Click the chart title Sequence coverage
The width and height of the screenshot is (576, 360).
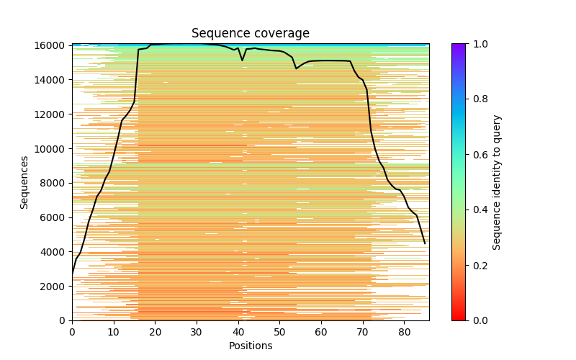tap(250, 34)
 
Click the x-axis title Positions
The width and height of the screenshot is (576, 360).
tap(250, 346)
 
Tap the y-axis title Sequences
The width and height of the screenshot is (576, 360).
tap(24, 182)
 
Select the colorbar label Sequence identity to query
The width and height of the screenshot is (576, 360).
tap(497, 182)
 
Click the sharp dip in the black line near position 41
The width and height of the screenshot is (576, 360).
tap(243, 60)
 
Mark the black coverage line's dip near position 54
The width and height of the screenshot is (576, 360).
tap(296, 68)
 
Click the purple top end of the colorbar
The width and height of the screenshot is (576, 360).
tap(459, 46)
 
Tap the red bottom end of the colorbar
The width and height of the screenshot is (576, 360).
tap(459, 318)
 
